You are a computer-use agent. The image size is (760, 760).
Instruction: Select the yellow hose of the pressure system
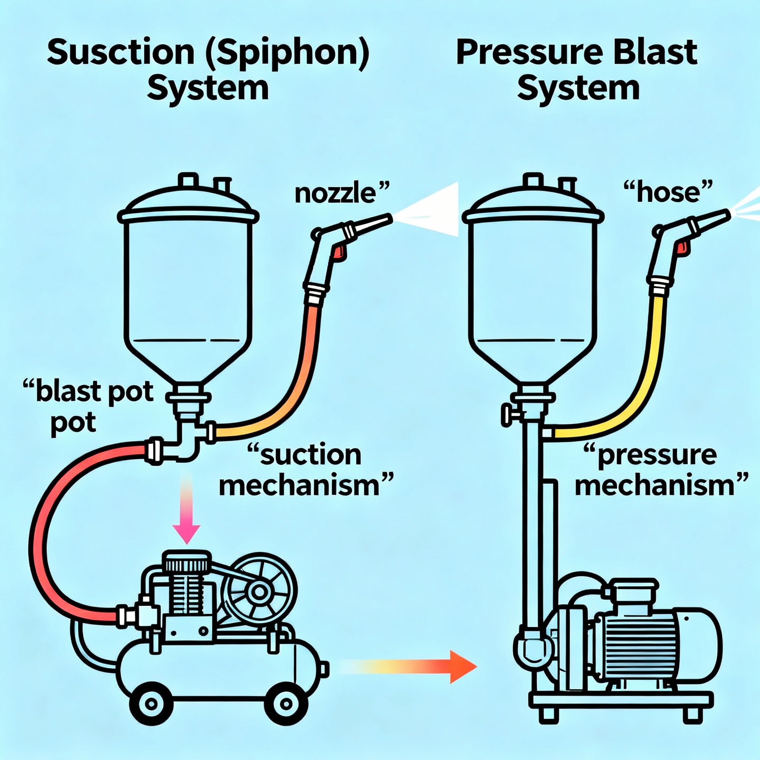(645, 366)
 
